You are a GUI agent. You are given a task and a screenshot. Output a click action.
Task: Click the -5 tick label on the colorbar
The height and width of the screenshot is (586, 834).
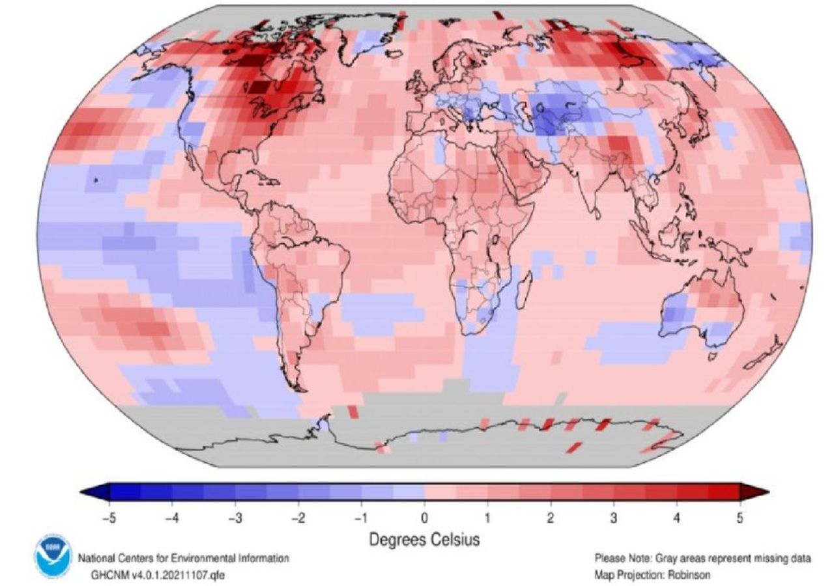coord(108,518)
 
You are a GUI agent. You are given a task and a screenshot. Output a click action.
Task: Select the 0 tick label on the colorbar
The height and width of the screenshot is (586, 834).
coord(424,518)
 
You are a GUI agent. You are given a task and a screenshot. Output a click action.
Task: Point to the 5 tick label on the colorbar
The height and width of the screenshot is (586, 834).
coord(739,518)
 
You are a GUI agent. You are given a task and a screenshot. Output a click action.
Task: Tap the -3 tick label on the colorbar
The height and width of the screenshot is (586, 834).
coord(235,518)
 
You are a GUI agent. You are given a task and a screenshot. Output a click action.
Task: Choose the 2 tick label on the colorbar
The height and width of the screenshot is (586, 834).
coord(550,518)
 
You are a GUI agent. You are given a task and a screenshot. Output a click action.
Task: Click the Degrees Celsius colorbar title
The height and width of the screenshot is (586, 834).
coord(424,539)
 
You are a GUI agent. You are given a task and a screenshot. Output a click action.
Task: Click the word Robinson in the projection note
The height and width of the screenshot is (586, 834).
coord(690,576)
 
